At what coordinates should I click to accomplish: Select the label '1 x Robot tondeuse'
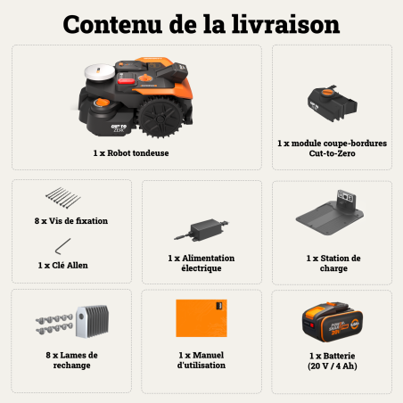[130, 152]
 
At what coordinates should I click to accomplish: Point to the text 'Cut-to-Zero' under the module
[332, 152]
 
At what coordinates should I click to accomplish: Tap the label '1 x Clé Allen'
[63, 265]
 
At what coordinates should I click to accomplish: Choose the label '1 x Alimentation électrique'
[201, 263]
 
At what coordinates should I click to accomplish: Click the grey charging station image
[332, 217]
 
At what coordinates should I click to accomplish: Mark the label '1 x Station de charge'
[332, 263]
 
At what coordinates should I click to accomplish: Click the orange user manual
[201, 317]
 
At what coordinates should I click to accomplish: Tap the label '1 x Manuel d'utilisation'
[201, 359]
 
